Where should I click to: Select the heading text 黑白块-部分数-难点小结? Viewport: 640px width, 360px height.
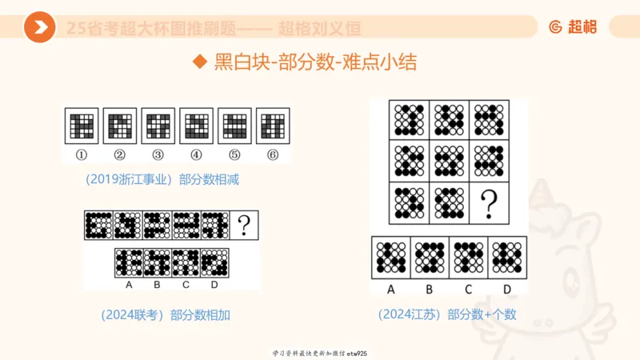[315, 62]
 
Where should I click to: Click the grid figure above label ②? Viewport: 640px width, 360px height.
[119, 126]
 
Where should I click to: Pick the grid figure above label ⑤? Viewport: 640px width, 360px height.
[234, 126]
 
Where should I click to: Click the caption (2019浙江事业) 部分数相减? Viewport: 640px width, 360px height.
[163, 180]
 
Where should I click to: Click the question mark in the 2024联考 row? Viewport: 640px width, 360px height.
[244, 226]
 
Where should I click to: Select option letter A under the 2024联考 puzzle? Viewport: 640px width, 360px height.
[128, 285]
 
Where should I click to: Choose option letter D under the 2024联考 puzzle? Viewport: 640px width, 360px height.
[214, 285]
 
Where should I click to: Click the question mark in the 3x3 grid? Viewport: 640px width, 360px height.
[488, 204]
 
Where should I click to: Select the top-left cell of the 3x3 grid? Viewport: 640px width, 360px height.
[409, 121]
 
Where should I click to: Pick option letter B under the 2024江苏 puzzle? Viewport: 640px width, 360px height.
[430, 289]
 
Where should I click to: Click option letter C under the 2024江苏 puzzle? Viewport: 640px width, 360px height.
[468, 289]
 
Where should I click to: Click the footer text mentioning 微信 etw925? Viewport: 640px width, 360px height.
[319, 353]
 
